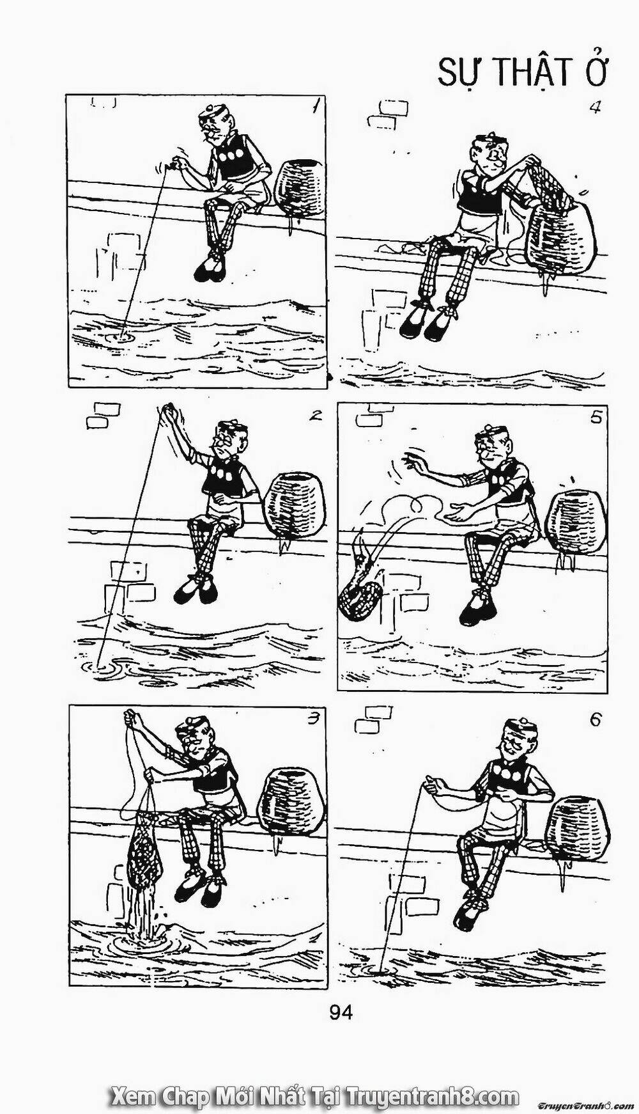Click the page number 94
[341, 1012]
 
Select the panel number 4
[594, 107]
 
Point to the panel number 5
[596, 418]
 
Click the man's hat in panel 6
[519, 728]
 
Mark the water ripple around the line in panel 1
[118, 334]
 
